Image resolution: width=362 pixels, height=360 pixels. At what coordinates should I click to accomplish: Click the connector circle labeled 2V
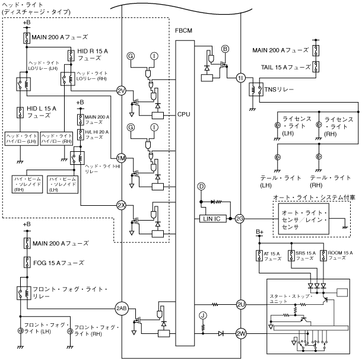pyautogui.click(x=121, y=90)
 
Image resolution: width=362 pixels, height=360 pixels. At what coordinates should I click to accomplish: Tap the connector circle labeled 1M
pyautogui.click(x=121, y=158)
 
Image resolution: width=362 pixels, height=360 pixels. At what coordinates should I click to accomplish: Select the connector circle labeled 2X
pyautogui.click(x=121, y=205)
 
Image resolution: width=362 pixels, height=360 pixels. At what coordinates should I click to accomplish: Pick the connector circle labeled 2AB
pyautogui.click(x=122, y=308)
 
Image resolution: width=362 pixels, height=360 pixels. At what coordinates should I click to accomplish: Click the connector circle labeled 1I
pyautogui.click(x=240, y=78)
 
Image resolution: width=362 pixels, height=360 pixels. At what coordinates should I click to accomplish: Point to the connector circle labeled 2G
pyautogui.click(x=240, y=218)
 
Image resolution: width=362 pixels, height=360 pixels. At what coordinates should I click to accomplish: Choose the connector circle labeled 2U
pyautogui.click(x=241, y=304)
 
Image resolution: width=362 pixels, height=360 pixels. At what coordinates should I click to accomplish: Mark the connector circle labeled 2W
pyautogui.click(x=241, y=333)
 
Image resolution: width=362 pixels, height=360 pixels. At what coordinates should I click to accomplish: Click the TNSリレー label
pyautogui.click(x=278, y=90)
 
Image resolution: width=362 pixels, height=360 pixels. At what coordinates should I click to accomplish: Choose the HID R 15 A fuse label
pyautogui.click(x=93, y=55)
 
